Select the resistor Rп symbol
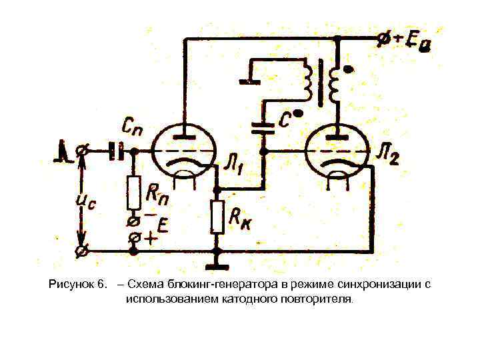click(134, 193)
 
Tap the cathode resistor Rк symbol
click(217, 216)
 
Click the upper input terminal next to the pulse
click(82, 152)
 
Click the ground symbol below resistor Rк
click(217, 253)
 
